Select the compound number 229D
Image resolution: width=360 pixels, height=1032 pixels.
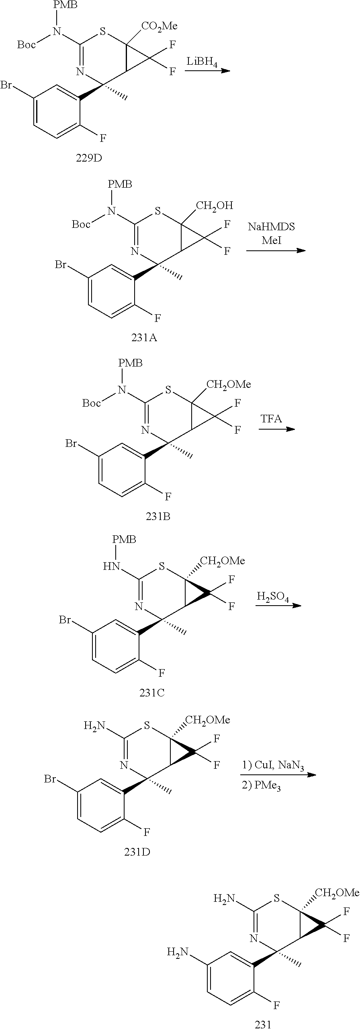coord(89,158)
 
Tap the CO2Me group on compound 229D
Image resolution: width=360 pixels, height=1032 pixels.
coord(159,27)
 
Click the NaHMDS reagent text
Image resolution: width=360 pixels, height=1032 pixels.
coord(271,227)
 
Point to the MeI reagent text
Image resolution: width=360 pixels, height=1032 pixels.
coord(272,241)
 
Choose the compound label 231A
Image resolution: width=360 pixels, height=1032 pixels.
coord(144,338)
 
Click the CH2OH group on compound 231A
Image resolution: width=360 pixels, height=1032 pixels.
coord(214,206)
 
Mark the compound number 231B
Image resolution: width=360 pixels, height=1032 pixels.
coord(158,516)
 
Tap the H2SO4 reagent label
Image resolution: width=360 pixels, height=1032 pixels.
coord(273,598)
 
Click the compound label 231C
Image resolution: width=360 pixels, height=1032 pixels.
coord(152,693)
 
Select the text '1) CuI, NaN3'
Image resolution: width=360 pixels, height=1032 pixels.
coord(272,765)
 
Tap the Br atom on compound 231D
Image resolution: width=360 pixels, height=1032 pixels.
coord(50,780)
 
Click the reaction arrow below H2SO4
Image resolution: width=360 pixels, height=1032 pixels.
coord(278,606)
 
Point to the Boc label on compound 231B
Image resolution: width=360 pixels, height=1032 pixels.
coord(91,403)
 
